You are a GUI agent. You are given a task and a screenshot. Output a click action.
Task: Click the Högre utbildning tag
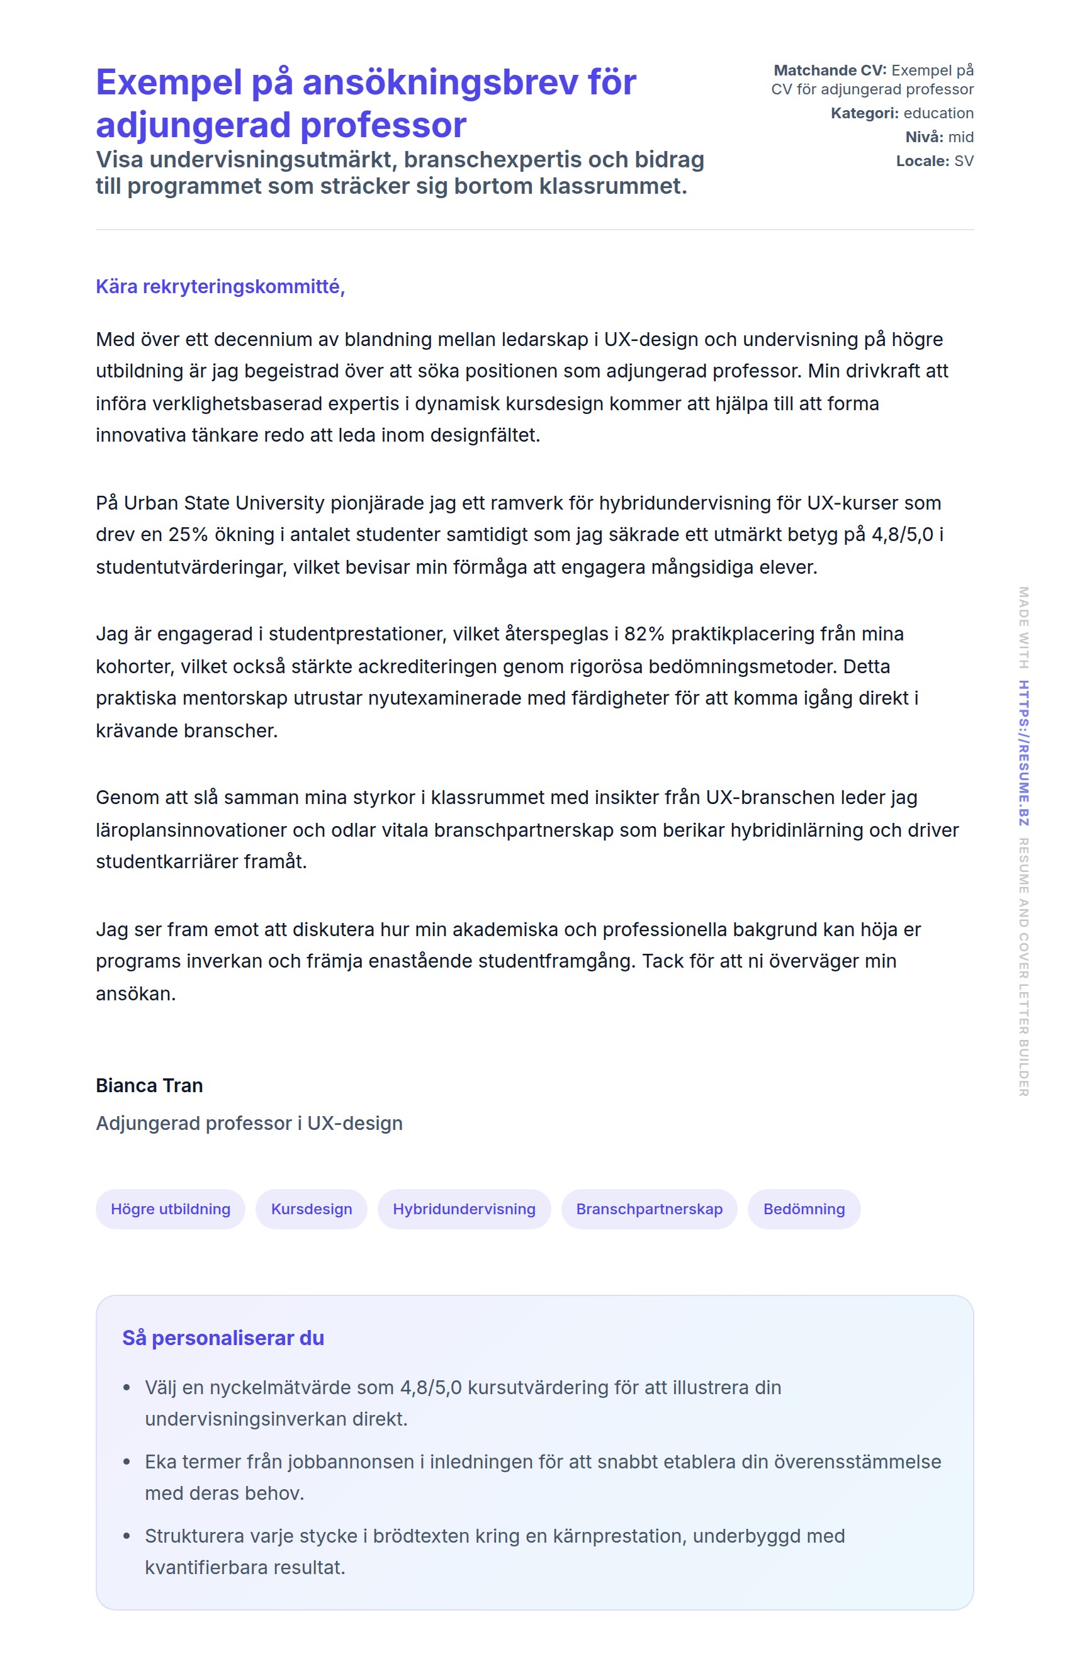point(170,1209)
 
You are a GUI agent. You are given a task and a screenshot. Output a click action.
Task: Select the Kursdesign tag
point(312,1209)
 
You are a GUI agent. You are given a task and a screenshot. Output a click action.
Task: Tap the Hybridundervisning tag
point(463,1209)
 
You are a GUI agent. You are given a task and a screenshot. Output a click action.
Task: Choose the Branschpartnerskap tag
point(649,1209)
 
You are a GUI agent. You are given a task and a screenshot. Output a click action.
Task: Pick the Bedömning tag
point(803,1209)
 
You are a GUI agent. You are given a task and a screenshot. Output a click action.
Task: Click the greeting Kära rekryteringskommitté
point(220,286)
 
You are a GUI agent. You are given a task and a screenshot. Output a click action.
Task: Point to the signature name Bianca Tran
point(149,1085)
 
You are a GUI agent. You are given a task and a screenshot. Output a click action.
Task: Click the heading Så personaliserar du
point(223,1338)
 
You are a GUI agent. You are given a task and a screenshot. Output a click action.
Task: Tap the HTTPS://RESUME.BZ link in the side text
point(1023,753)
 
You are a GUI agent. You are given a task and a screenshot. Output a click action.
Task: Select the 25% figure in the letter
point(188,535)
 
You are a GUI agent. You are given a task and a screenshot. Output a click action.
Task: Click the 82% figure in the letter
point(644,634)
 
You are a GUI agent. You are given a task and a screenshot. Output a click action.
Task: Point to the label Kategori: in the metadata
point(864,113)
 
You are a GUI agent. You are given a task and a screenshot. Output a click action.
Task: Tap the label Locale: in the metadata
point(922,161)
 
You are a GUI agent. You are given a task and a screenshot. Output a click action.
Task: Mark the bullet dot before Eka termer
point(127,1462)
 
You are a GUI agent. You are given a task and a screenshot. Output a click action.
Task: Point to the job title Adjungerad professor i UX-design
point(249,1123)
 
